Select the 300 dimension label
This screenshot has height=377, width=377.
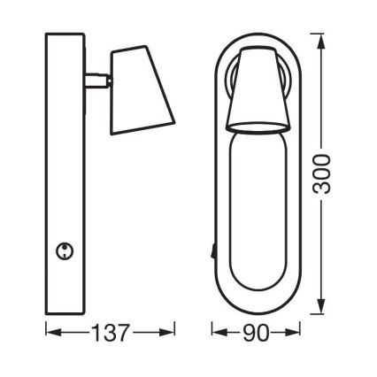(x=321, y=175)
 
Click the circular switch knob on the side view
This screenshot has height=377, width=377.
(x=65, y=251)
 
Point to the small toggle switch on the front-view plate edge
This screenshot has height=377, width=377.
(x=213, y=251)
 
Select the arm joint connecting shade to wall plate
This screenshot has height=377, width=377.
(x=98, y=81)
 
